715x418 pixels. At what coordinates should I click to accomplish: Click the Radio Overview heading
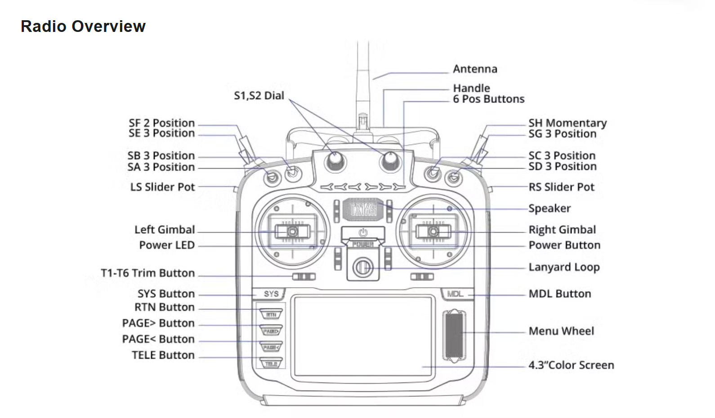(83, 27)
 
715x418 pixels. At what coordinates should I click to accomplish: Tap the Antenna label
(475, 69)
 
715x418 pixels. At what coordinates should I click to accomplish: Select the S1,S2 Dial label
(259, 96)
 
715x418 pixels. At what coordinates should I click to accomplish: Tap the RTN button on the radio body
(271, 315)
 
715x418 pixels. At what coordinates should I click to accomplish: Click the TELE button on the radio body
(271, 364)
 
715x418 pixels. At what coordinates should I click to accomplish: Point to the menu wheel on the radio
(454, 334)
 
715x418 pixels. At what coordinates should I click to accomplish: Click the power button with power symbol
(363, 233)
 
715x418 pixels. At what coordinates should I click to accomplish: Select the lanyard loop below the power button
(362, 267)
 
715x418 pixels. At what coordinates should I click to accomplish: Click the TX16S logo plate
(363, 209)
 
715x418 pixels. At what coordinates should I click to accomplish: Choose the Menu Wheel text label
(561, 331)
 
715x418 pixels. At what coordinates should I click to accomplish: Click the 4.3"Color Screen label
(571, 365)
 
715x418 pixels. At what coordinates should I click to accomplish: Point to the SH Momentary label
(568, 123)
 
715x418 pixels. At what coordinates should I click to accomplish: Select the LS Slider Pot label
(163, 187)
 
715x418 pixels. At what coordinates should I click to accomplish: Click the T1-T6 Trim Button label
(148, 273)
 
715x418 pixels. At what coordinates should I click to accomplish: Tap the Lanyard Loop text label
(564, 267)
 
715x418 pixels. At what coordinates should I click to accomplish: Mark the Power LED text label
(167, 245)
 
